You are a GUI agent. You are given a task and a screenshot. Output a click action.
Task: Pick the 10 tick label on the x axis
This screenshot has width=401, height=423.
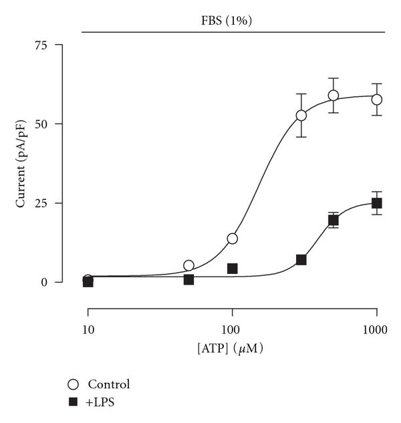[88, 329]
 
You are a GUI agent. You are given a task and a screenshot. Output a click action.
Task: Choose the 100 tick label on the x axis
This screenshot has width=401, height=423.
[232, 329]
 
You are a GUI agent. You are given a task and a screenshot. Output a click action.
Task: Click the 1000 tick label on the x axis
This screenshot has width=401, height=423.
[376, 329]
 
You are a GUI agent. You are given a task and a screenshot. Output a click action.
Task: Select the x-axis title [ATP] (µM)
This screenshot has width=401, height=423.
[231, 347]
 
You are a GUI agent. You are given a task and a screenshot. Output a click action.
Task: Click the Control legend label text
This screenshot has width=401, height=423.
[108, 384]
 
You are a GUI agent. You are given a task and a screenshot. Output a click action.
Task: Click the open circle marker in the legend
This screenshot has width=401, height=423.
[74, 384]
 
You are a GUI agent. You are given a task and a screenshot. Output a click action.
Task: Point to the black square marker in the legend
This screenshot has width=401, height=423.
[74, 402]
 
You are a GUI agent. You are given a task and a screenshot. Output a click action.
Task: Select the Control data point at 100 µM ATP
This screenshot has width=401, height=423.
[233, 239]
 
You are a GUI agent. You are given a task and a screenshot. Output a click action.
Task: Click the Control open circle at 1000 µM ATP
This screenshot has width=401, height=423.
[377, 100]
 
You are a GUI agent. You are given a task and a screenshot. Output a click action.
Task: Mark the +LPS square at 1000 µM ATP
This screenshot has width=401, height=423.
[377, 203]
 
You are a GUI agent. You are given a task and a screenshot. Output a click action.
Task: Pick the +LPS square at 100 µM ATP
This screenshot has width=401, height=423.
[233, 269]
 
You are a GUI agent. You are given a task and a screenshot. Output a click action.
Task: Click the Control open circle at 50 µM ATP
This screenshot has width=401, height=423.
[189, 265]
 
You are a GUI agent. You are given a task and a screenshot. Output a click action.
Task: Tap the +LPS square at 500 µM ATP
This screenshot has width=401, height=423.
[333, 220]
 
